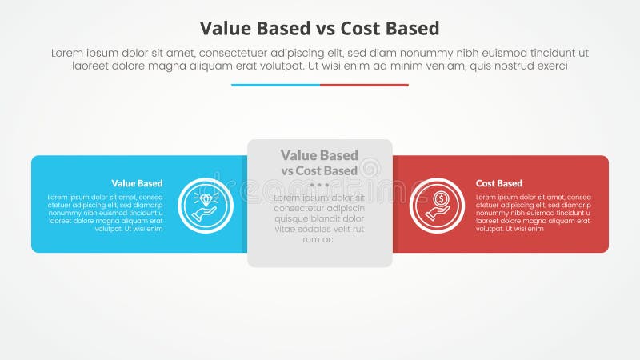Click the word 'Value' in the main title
(226, 29)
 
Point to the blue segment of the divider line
(275, 85)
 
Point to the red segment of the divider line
(364, 85)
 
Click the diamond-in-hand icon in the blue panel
(206, 205)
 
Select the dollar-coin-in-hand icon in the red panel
(437, 205)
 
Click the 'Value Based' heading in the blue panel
(137, 183)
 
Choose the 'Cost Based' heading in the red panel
(499, 183)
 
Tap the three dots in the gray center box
(319, 185)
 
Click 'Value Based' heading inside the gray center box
(319, 155)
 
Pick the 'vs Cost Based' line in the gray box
(319, 170)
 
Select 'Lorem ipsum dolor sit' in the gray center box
(319, 198)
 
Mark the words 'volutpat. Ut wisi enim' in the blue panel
(128, 229)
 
